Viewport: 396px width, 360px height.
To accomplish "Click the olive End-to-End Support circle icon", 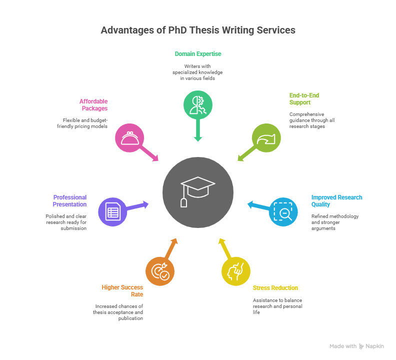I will (x=266, y=137).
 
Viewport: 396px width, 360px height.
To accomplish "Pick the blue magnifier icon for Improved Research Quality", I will (x=283, y=211).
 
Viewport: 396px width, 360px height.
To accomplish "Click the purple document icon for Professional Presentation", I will (x=112, y=212).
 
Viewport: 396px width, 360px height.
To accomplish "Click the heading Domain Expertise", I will (x=198, y=53).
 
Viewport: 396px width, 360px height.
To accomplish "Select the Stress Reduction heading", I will (x=275, y=287).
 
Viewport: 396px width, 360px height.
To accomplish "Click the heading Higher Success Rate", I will (x=122, y=290).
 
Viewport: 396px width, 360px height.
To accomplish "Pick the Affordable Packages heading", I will (x=93, y=104).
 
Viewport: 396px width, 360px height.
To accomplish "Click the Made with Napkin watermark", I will (x=356, y=346).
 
